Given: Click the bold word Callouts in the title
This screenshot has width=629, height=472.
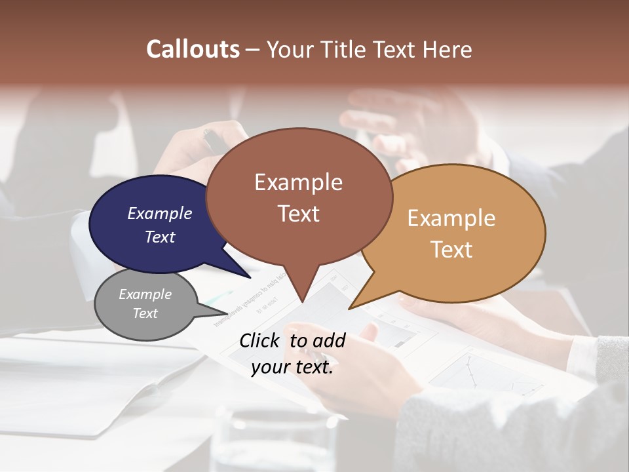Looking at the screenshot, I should tap(193, 49).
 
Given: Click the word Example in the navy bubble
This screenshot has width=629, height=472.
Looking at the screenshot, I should tap(159, 213).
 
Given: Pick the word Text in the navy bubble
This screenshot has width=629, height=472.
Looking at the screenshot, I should tap(159, 237).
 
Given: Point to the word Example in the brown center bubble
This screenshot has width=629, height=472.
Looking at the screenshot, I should tap(298, 182).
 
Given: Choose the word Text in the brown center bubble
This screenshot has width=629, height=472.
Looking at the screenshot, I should tap(298, 214).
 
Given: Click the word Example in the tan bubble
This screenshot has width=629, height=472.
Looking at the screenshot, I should tap(451, 218).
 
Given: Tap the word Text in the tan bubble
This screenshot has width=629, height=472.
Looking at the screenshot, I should tap(451, 250).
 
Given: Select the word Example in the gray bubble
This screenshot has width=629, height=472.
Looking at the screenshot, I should tap(145, 294).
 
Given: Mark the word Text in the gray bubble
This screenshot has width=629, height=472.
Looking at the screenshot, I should tap(145, 313).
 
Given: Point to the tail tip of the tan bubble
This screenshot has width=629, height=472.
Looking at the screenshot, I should tap(349, 308).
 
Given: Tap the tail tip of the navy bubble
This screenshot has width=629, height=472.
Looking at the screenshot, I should tap(250, 277).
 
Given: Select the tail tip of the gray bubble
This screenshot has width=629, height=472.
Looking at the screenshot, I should tap(227, 313).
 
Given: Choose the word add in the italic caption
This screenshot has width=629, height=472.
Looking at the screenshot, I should tap(330, 341).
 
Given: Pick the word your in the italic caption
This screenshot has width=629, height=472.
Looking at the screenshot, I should tap(269, 368).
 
